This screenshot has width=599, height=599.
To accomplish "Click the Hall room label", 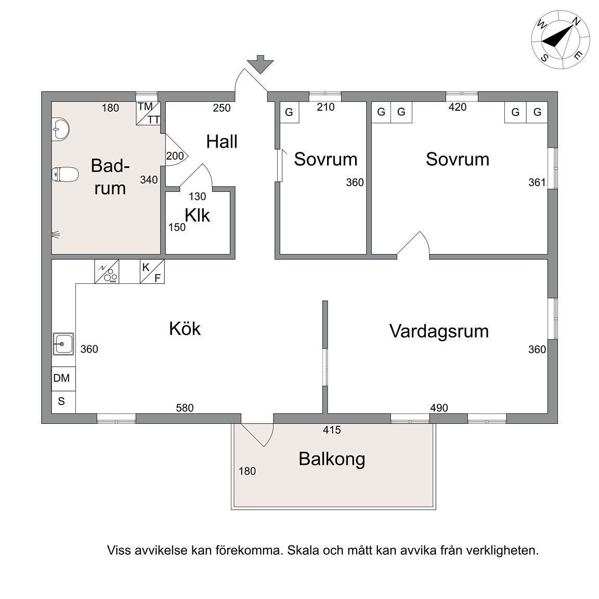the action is click(222, 142).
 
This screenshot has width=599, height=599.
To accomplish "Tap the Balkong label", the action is click(332, 459).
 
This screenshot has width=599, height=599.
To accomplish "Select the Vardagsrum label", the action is click(439, 331).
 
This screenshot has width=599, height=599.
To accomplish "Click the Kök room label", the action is click(185, 329).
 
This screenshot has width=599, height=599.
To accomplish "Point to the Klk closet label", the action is click(197, 215).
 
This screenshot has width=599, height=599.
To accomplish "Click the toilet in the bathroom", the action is click(65, 174).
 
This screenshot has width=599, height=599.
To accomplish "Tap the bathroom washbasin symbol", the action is click(60, 129).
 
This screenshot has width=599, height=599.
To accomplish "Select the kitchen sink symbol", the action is click(63, 344).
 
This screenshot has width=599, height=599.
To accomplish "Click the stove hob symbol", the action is click(107, 271).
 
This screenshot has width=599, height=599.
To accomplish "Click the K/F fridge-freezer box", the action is click(152, 271).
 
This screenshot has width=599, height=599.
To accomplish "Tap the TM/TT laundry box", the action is click(148, 113).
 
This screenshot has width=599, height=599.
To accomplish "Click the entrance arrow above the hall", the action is click(260, 64).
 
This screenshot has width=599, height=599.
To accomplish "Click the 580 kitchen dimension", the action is click(185, 408).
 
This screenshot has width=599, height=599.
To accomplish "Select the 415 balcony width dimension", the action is click(332, 430).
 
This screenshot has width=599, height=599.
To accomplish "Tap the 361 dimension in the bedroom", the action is click(537, 183).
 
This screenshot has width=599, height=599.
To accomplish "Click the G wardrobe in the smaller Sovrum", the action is click(289, 112).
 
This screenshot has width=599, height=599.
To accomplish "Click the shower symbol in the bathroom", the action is click(56, 234).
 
